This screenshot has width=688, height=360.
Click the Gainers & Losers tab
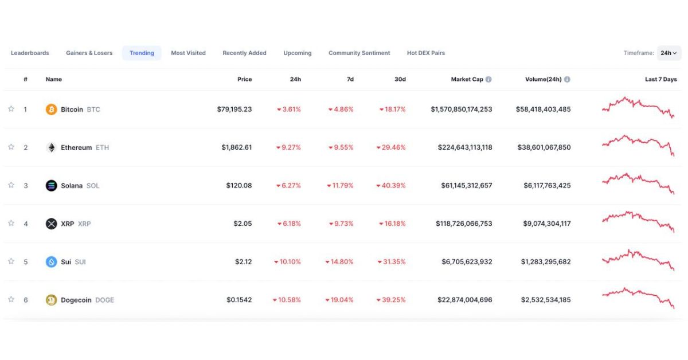(89, 53)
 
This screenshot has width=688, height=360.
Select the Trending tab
(142, 53)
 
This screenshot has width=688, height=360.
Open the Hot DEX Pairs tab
(425, 53)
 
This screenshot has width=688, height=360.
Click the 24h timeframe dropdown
(669, 53)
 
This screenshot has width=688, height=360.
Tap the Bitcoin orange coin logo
(51, 109)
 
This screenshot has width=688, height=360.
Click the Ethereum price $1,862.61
(236, 147)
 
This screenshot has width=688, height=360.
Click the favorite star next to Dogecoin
(11, 299)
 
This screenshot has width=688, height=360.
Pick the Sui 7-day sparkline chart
(638, 260)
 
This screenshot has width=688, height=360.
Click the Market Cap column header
(467, 80)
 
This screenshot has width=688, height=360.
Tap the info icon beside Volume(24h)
(566, 80)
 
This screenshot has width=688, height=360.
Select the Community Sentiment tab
(359, 53)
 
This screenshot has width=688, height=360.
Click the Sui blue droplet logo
(51, 262)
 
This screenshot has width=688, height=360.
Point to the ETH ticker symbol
(102, 148)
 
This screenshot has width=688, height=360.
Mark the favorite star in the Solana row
(11, 185)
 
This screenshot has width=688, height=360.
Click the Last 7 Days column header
(660, 80)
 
